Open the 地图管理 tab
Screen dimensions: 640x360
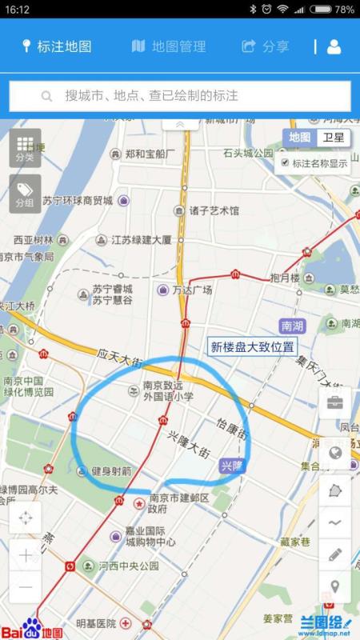coord(169,46)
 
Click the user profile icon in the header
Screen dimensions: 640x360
coord(334,46)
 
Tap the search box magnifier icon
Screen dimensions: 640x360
coord(46,96)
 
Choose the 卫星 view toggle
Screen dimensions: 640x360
coord(333,138)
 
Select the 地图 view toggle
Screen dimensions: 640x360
coord(300,138)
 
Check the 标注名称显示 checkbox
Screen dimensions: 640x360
coord(284,162)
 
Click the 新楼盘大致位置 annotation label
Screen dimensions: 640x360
coord(252,346)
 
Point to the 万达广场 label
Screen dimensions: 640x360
coord(192,290)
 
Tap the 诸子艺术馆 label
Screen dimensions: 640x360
coord(214,211)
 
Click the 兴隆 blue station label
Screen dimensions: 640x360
coord(231,465)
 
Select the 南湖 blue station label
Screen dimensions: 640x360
coord(292,326)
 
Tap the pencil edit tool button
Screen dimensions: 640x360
coord(335,554)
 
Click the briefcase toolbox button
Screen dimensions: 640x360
coord(335,403)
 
